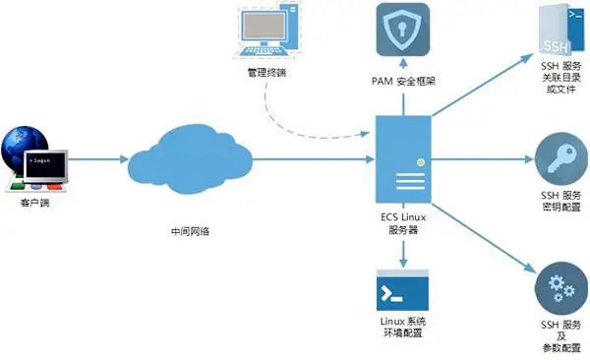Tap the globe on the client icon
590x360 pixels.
pyautogui.click(x=20, y=143)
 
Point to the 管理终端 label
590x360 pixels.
pyautogui.click(x=267, y=73)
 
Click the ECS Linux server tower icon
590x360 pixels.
pyautogui.click(x=403, y=160)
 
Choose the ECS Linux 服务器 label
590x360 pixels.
pyautogui.click(x=403, y=224)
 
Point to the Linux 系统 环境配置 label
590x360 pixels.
pyautogui.click(x=402, y=329)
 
